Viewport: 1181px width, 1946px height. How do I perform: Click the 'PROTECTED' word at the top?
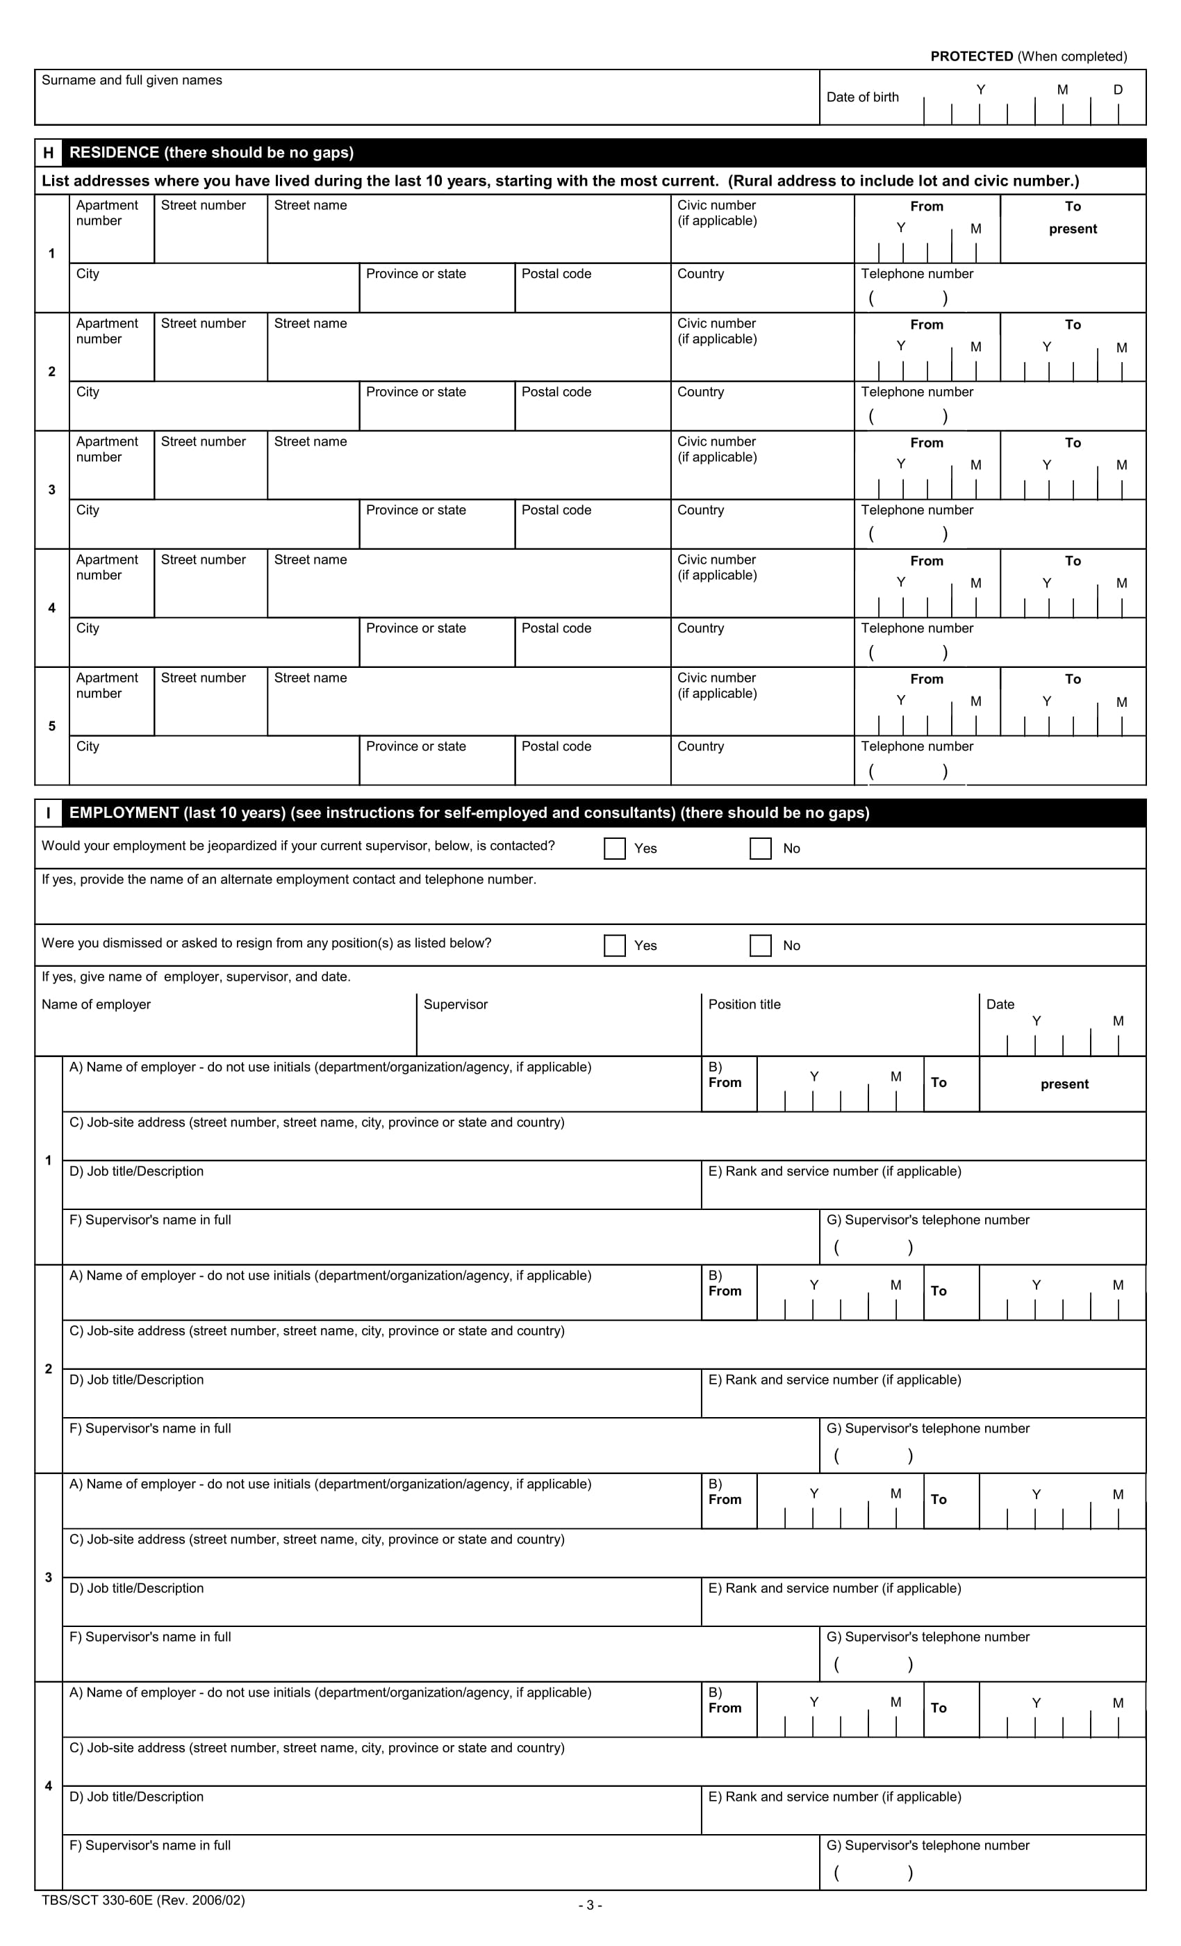point(971,56)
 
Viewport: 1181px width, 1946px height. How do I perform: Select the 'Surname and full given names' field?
point(427,99)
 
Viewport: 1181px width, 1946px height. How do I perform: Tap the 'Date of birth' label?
point(862,97)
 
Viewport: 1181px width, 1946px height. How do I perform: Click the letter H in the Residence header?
point(48,152)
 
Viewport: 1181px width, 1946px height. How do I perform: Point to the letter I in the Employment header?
point(48,812)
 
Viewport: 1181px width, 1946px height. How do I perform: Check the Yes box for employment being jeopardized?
point(614,848)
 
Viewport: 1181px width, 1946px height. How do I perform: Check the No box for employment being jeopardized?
point(760,848)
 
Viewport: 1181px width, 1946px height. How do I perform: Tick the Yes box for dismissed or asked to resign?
point(614,945)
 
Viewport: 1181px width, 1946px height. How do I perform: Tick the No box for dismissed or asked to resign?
point(760,945)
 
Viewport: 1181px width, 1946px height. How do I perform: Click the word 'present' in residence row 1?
point(1072,229)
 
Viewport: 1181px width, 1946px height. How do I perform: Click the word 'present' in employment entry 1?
point(1064,1084)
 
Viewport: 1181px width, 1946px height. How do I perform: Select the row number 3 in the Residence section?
point(52,490)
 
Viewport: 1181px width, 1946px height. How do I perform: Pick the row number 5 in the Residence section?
point(52,726)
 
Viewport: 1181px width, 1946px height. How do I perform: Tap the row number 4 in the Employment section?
point(48,1785)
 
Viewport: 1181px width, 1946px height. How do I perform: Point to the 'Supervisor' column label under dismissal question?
point(456,1004)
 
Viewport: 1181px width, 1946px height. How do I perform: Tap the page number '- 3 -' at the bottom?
point(590,1905)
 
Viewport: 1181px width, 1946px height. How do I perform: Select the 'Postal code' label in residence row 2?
point(556,392)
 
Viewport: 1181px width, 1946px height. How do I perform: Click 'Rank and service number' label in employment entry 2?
point(834,1380)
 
